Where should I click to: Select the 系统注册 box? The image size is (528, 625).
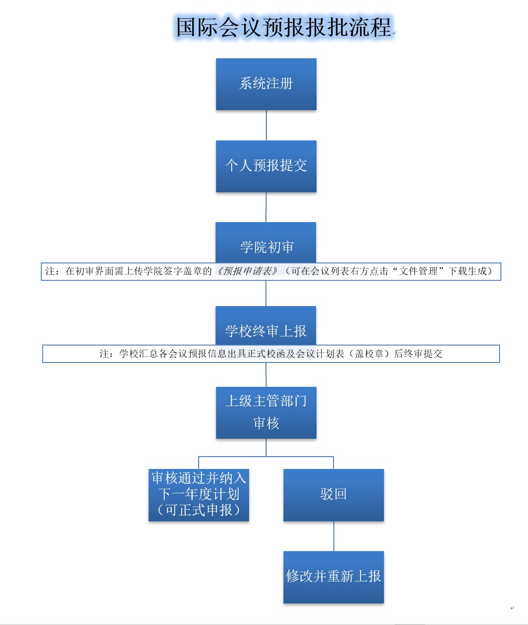coord(266,84)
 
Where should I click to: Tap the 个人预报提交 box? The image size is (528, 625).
coord(266,166)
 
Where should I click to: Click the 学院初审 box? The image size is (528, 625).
coord(266,243)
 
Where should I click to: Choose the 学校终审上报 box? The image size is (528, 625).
coord(266,326)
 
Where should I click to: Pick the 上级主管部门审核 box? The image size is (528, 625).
coord(266,413)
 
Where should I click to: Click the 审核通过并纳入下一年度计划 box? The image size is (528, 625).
coord(199,495)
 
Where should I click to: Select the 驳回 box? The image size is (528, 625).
coord(333,495)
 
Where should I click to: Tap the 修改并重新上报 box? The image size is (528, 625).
coord(333,577)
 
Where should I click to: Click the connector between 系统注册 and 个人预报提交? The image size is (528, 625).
coord(267,125)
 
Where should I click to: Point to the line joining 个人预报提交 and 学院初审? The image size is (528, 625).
coord(266,207)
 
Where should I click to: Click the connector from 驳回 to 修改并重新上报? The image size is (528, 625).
coord(334,536)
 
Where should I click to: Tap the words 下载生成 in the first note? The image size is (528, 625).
coord(467,271)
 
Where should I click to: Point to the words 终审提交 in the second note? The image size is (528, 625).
coord(428,354)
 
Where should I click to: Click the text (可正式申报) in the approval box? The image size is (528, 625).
coord(199,510)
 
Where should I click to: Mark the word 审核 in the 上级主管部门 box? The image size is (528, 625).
coord(266,423)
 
